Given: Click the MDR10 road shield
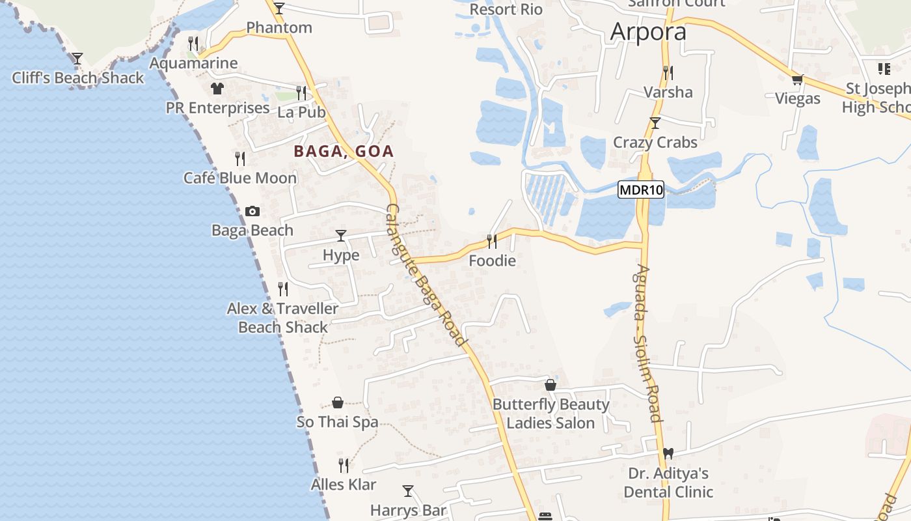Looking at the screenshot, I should click(641, 190).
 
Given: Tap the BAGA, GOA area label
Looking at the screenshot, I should click(344, 152).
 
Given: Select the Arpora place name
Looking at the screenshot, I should click(648, 32).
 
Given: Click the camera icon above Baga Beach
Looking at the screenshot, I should click(252, 211).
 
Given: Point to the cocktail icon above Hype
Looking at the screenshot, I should click(341, 236).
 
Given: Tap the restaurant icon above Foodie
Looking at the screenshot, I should click(492, 242).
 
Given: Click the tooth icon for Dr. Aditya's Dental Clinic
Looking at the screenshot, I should click(668, 454).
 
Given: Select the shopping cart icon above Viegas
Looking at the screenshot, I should click(797, 80).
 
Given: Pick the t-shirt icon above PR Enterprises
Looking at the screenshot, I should click(217, 89).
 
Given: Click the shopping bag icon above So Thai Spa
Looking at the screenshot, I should click(337, 402).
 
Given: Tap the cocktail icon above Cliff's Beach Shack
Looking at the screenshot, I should click(77, 59).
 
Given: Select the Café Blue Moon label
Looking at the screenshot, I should click(240, 178).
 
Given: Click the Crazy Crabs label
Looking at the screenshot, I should click(655, 143).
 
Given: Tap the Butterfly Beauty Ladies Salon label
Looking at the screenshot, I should click(551, 414).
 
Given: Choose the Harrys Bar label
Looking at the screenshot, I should click(408, 510).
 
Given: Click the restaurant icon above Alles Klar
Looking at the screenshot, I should click(344, 465).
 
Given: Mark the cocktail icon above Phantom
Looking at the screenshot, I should click(279, 8).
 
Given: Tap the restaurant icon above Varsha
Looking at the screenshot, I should click(668, 72).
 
